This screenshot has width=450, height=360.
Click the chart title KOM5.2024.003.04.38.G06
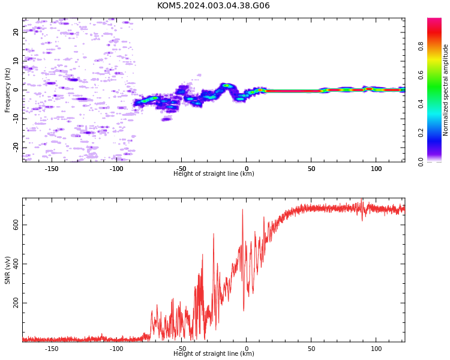tap(213, 5)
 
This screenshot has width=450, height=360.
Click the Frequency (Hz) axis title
tap(7, 90)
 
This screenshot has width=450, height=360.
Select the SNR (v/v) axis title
tap(7, 270)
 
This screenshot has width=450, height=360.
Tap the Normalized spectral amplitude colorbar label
tap(445, 90)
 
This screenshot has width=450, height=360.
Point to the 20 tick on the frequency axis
tap(16, 32)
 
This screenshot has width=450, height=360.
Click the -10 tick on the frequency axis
tap(16, 119)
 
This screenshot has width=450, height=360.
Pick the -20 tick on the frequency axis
tap(16, 148)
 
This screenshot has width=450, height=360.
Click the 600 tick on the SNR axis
tap(16, 225)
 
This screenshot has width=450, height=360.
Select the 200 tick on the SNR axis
tap(16, 303)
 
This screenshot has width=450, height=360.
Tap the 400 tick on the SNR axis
tap(16, 264)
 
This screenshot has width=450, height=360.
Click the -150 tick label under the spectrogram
tap(52, 169)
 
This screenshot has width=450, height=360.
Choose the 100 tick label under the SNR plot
tap(376, 349)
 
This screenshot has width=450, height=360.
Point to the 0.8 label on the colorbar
tap(421, 46)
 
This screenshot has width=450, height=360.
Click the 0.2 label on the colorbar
tap(421, 133)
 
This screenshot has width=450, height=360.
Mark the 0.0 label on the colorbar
tap(421, 162)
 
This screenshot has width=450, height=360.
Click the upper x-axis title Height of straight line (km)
tap(214, 173)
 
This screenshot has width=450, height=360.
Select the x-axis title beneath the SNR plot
tap(214, 353)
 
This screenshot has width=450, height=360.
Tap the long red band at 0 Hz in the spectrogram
tap(293, 91)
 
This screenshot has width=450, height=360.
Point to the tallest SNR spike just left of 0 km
tap(242, 209)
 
